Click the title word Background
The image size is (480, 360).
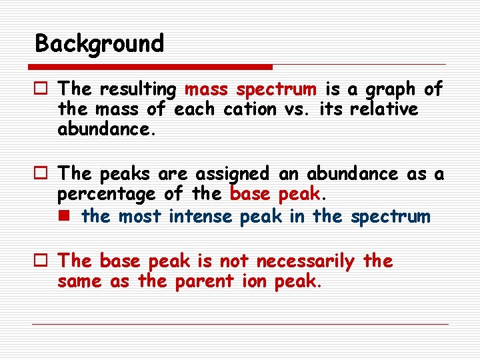coord(99,44)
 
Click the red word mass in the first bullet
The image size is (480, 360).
coord(207,89)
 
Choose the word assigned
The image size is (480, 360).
coord(233,175)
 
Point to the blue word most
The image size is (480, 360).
coord(141,217)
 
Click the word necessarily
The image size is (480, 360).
coord(306,261)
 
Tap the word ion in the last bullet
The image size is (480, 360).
coord(254,281)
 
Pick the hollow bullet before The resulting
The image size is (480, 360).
coord(42,89)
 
